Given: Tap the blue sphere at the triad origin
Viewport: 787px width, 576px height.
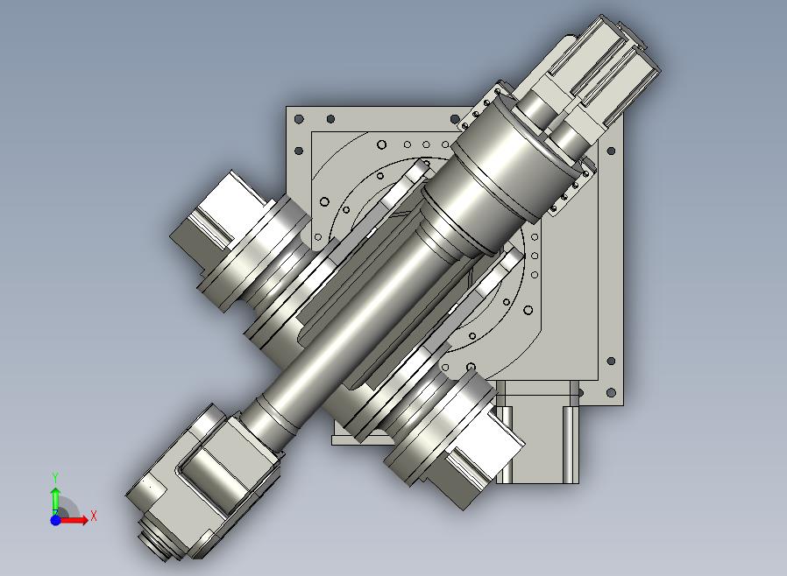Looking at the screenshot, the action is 56,520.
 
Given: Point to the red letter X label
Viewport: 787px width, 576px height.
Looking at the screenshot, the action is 94,516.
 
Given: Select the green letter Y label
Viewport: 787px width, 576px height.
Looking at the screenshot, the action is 56,477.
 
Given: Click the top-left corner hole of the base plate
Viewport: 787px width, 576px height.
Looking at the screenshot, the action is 299,119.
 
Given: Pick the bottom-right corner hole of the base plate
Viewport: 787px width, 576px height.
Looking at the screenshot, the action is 611,392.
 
